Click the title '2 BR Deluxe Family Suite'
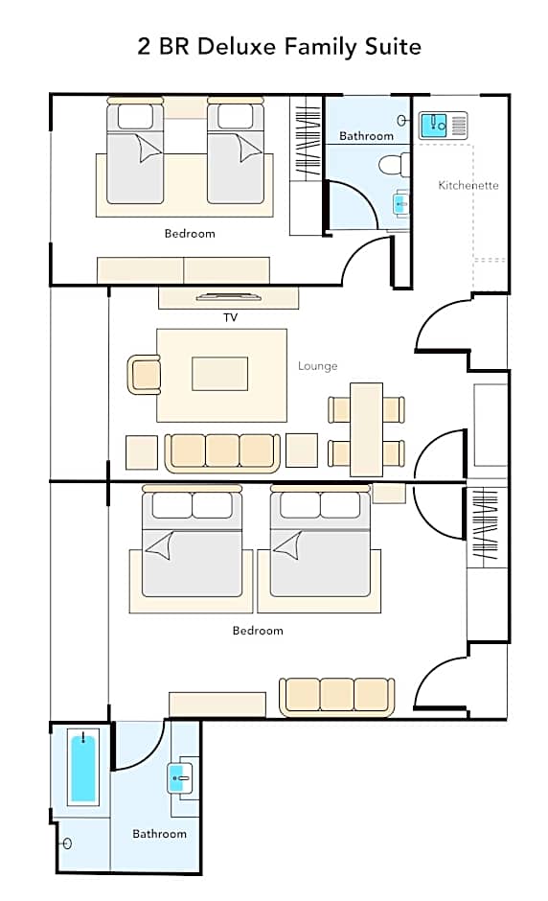point(279,47)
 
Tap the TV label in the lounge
point(230,318)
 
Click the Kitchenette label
point(468,185)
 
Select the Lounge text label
point(318,366)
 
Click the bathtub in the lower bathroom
point(83,767)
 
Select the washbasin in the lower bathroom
point(180,778)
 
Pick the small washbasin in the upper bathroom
point(401,204)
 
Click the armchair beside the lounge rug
point(144,375)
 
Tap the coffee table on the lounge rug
point(220,374)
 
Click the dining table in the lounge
point(367,429)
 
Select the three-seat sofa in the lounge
point(222,452)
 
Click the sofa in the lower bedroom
point(336,697)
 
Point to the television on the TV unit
point(229,297)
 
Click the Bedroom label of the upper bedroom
point(190,234)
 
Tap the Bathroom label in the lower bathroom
point(159,834)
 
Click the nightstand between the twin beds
point(186,108)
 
